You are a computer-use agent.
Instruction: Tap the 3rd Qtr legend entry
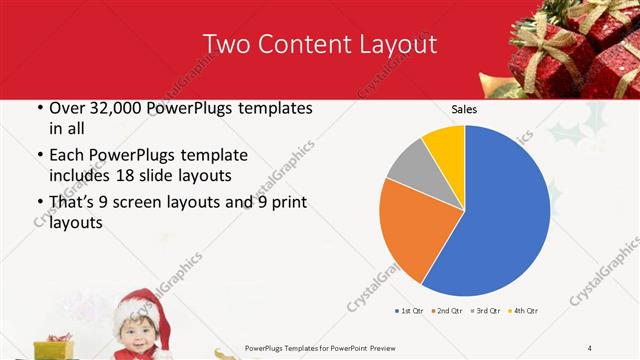point(487,311)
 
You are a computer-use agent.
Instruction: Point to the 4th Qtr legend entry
point(525,311)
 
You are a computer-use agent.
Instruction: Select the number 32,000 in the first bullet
point(117,108)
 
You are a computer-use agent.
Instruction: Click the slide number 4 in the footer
point(589,347)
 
